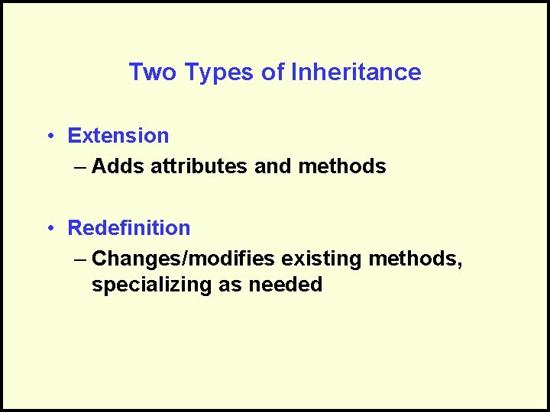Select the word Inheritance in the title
click(x=356, y=72)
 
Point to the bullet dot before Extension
click(x=48, y=137)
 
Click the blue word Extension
click(x=118, y=136)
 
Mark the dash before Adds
click(x=82, y=167)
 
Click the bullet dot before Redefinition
click(x=48, y=229)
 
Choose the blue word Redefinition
click(x=129, y=228)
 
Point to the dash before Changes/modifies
click(x=82, y=259)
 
